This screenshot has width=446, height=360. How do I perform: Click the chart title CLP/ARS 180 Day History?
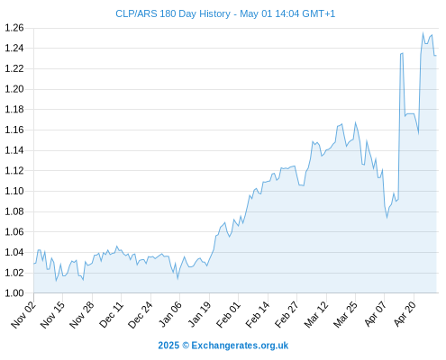click(x=173, y=13)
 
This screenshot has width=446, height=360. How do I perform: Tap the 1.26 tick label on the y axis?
click(x=14, y=28)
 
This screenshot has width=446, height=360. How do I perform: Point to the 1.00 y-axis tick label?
click(x=14, y=293)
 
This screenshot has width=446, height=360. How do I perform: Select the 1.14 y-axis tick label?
click(x=14, y=150)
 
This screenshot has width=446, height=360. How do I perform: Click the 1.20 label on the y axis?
click(x=14, y=89)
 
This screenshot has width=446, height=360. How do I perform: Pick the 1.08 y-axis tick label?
click(x=14, y=211)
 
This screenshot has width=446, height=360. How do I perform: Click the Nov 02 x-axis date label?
click(x=23, y=314)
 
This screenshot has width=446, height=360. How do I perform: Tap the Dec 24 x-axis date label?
click(x=141, y=314)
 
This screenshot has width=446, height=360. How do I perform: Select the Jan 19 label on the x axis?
click(x=199, y=314)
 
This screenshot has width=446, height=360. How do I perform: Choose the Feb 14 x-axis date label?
click(x=258, y=314)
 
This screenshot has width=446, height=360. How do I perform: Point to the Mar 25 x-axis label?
click(x=345, y=314)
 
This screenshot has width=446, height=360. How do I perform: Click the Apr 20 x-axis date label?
click(x=405, y=314)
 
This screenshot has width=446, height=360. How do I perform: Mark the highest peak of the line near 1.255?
click(x=423, y=33)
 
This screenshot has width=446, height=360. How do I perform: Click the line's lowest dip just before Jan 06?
click(x=177, y=279)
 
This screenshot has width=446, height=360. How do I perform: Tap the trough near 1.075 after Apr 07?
click(x=387, y=217)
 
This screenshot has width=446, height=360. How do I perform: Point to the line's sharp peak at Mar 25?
click(x=355, y=122)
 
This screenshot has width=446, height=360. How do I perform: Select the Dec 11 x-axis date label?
click(x=111, y=314)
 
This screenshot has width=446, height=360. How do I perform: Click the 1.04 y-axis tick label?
click(x=14, y=252)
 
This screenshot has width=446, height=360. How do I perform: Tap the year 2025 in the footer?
click(x=168, y=346)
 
